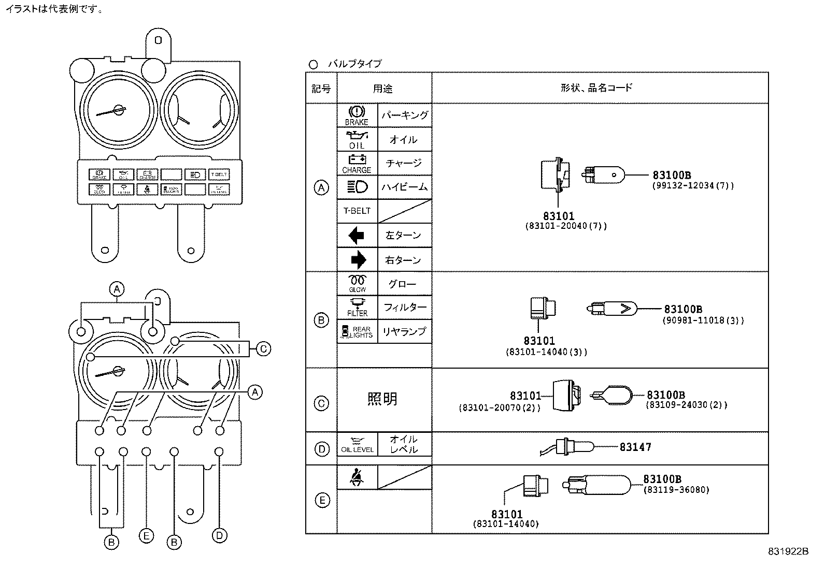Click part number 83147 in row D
[635, 447]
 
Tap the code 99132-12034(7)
[693, 185]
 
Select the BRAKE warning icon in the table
[357, 115]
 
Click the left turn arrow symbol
[357, 236]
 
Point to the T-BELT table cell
[357, 211]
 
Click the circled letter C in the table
[321, 403]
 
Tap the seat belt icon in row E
[356, 477]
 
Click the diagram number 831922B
[788, 552]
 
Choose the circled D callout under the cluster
[220, 535]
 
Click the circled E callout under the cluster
[146, 536]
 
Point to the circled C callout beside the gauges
[263, 349]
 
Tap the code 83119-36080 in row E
[676, 490]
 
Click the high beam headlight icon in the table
[357, 186]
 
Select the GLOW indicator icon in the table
[357, 283]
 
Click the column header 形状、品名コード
[596, 87]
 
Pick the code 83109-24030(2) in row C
[686, 405]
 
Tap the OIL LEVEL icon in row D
[357, 444]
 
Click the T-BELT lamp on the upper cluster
[219, 174]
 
